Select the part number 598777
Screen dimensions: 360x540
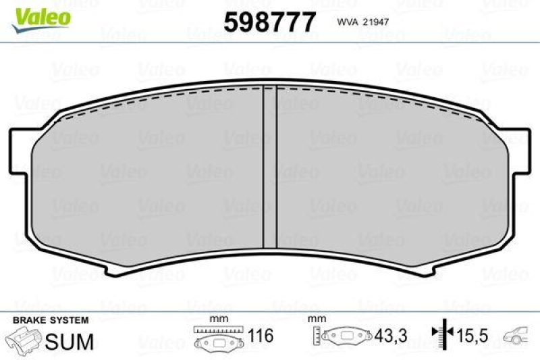tap(269, 23)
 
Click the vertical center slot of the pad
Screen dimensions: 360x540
tap(269, 169)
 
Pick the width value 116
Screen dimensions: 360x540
tap(260, 336)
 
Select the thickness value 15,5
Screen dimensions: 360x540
tap(472, 336)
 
